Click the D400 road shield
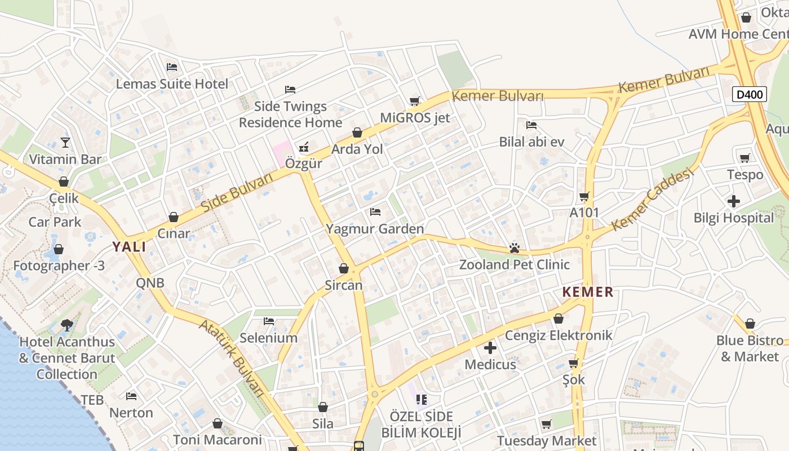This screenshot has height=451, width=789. click(x=750, y=94)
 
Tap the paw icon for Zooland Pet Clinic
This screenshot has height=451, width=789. click(x=514, y=247)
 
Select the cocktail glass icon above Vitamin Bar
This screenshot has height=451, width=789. click(x=65, y=142)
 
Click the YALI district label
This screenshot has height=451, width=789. click(x=129, y=247)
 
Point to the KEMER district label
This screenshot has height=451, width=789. click(x=588, y=292)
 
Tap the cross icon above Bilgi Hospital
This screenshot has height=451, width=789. click(x=733, y=201)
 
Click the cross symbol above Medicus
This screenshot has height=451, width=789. click(x=490, y=348)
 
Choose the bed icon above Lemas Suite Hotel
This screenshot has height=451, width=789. click(x=172, y=67)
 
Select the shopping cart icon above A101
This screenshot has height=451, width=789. click(x=584, y=196)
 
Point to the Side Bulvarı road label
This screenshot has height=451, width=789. click(x=237, y=192)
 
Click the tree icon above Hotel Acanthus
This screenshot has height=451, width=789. click(x=67, y=325)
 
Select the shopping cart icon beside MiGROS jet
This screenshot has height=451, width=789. click(x=415, y=101)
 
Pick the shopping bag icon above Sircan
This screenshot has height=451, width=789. click(x=344, y=268)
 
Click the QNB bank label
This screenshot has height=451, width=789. click(x=150, y=282)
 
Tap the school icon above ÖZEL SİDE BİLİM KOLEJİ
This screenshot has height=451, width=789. click(x=421, y=400)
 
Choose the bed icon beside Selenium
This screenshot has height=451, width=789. click(x=269, y=321)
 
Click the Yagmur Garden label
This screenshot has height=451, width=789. click(x=375, y=229)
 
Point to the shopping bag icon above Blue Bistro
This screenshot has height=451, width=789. click(x=750, y=324)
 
